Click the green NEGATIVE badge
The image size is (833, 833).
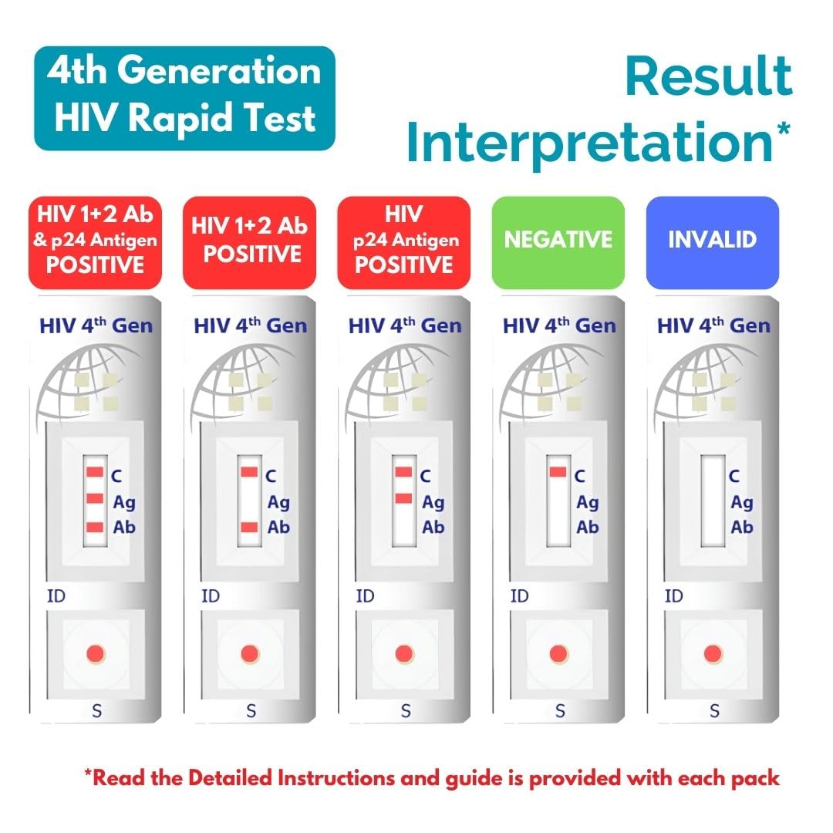tap(558, 242)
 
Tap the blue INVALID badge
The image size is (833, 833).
tap(713, 242)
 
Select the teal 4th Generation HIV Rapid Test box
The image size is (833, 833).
tap(185, 98)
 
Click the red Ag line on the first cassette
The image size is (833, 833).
tap(95, 498)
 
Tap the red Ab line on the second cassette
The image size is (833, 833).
tap(249, 527)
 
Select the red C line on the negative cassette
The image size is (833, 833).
tap(558, 472)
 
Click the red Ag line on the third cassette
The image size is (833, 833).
tap(403, 498)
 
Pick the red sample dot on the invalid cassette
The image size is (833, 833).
tap(713, 653)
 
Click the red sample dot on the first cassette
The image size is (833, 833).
tap(96, 653)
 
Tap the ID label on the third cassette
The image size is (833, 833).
tap(365, 596)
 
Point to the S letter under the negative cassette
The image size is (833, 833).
tap(560, 710)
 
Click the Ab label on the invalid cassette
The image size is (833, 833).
tap(742, 527)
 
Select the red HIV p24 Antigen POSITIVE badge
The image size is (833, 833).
tap(403, 242)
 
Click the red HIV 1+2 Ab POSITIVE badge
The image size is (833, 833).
tap(249, 242)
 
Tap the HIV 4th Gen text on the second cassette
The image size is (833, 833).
tap(250, 325)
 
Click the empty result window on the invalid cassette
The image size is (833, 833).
tap(713, 501)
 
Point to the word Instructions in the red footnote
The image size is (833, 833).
tap(336, 777)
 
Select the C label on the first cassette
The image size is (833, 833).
tap(116, 476)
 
